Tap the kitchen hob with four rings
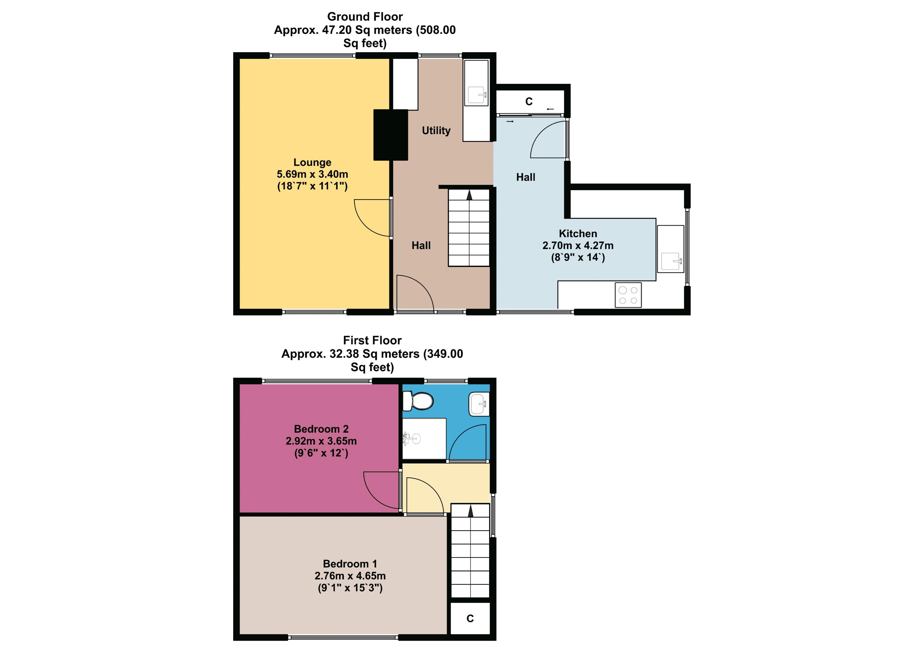pos(628,295)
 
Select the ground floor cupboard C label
pos(529,101)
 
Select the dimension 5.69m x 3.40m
pos(312,174)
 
